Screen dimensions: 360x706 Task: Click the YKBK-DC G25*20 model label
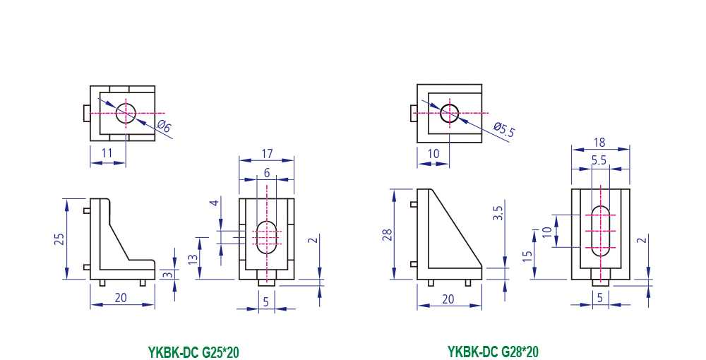193,352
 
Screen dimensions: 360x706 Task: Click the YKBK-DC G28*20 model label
493,352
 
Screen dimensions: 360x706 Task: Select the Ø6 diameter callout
164,128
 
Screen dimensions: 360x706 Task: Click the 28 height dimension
387,234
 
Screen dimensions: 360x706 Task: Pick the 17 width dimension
268,153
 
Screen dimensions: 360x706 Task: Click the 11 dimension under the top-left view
107,153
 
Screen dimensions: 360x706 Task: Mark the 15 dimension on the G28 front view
526,256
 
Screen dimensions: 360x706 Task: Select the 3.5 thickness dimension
498,213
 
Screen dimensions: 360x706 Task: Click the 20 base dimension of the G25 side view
121,297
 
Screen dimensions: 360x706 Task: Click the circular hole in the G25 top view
126,112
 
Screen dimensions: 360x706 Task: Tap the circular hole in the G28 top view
450,112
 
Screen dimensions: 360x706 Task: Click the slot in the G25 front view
267,236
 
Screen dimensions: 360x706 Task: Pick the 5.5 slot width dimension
599,161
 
